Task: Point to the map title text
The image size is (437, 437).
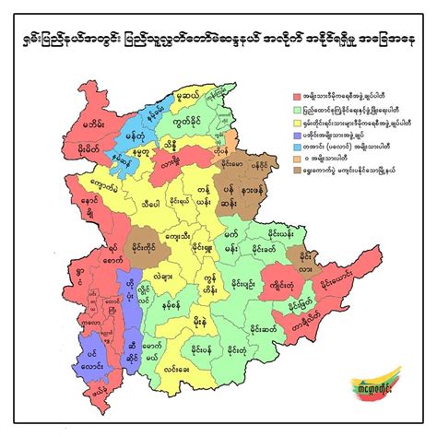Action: (218, 42)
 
